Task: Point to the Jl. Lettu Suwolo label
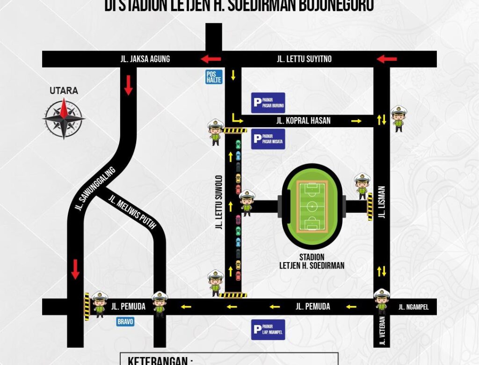coord(218,203)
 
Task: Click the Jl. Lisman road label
coord(382,203)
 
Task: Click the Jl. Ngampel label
coord(414,307)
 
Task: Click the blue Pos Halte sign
coord(214,77)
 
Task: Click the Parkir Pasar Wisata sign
coord(268,139)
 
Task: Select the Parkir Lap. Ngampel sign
coord(268,329)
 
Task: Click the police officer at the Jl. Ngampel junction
coord(382,301)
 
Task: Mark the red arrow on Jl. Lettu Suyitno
coord(387,59)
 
